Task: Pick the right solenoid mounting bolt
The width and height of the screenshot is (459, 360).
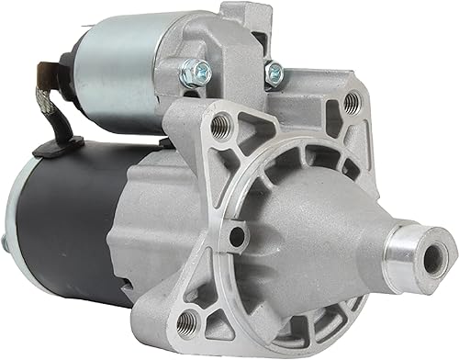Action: [x=272, y=70]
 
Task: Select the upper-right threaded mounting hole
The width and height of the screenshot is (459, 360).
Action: [x=351, y=104]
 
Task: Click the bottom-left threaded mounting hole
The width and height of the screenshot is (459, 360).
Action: [x=188, y=320]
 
